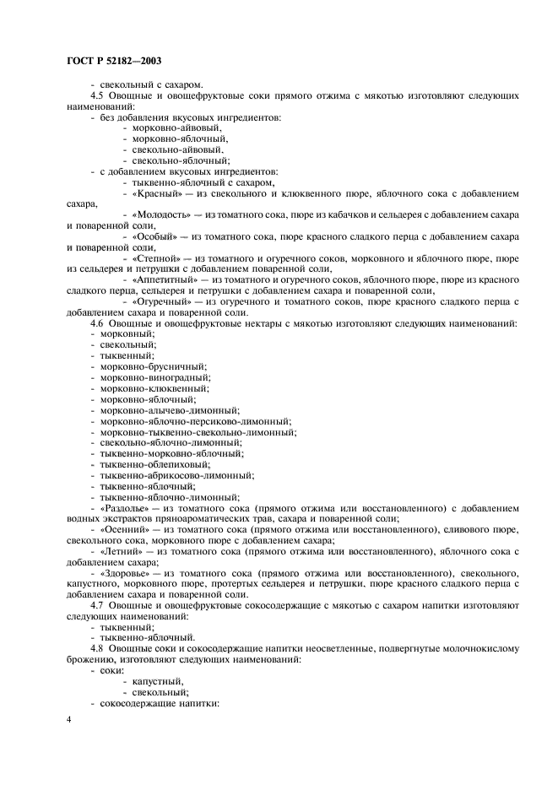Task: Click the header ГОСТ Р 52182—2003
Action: [x=113, y=61]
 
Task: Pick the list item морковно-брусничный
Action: [x=143, y=367]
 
